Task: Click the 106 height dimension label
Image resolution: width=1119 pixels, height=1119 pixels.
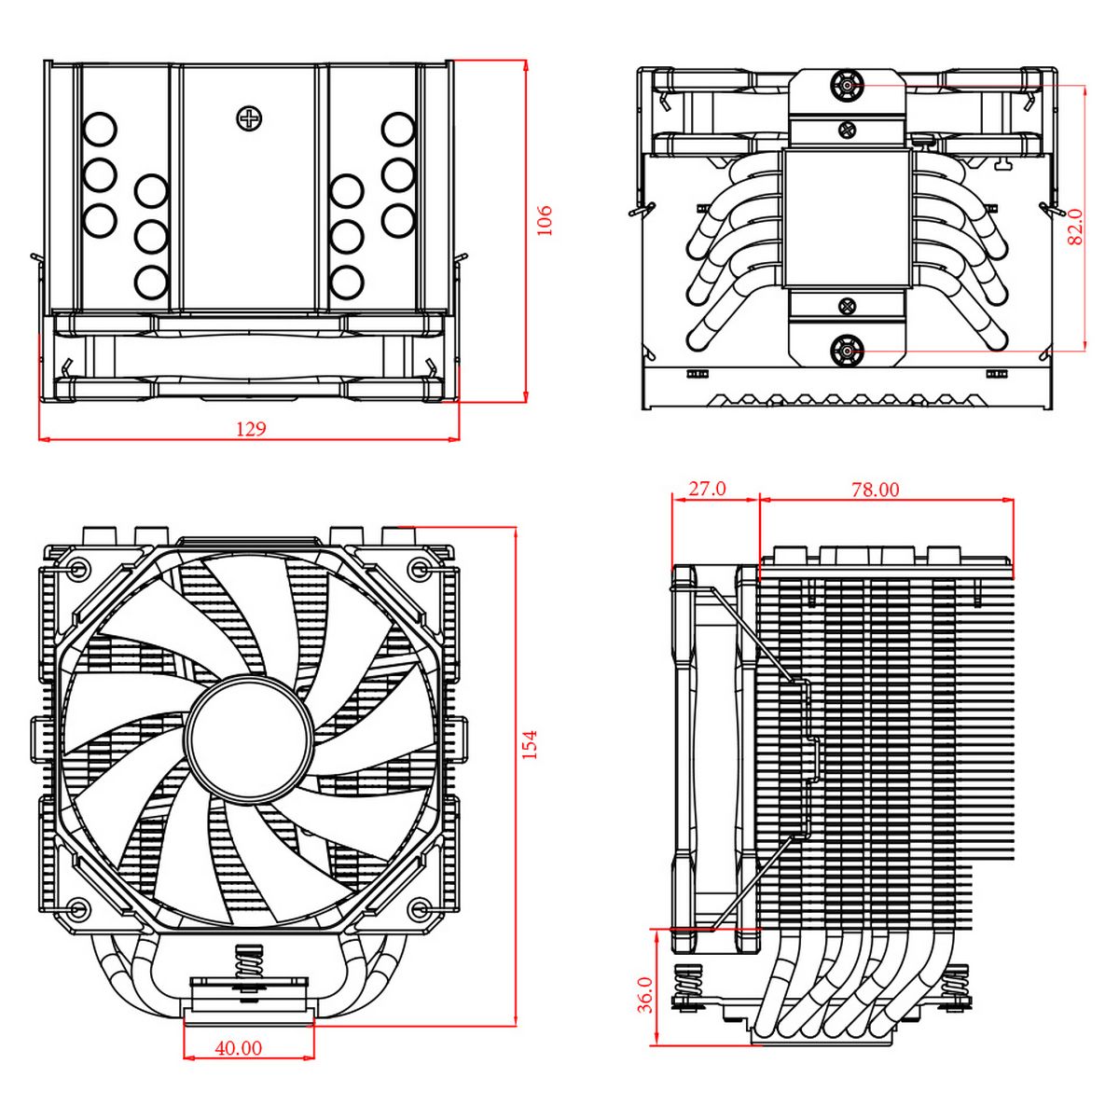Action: [546, 220]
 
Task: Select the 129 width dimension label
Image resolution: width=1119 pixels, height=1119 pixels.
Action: [250, 429]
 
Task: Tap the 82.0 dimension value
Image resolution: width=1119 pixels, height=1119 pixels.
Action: [1075, 227]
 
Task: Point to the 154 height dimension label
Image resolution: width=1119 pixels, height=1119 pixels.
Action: [530, 744]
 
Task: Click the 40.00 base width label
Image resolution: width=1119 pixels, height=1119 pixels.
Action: [239, 1048]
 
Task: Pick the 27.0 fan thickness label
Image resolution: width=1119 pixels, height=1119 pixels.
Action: [706, 489]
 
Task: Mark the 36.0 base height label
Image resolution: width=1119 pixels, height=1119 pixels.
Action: [644, 994]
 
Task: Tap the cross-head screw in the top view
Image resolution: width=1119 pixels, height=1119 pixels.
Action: [249, 118]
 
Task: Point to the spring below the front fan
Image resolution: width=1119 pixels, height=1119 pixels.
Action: [249, 961]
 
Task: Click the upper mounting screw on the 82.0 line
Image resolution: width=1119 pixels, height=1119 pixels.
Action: [847, 86]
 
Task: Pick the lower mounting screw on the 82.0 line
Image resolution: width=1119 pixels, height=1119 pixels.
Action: [847, 351]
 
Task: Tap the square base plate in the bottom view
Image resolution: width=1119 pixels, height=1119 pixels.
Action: [847, 218]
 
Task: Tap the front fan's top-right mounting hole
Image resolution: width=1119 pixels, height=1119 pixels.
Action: [421, 567]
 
